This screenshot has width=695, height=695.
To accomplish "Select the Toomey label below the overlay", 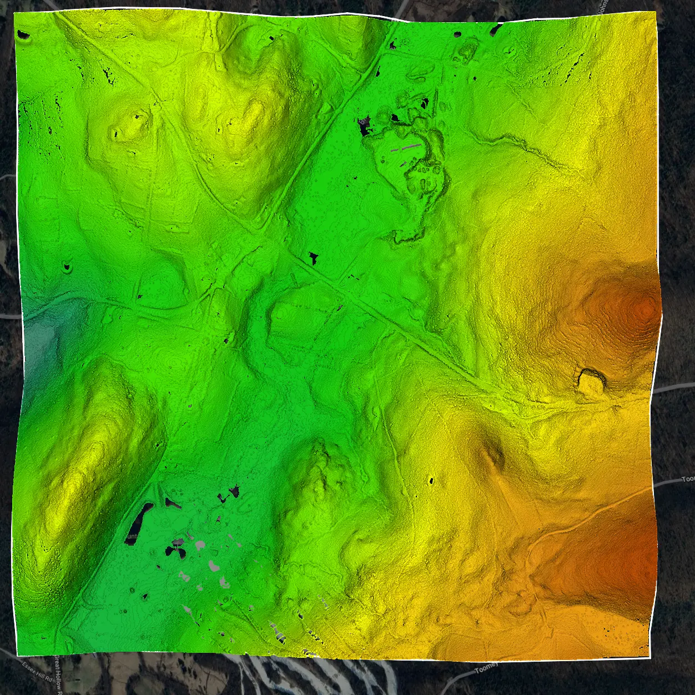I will [486, 668].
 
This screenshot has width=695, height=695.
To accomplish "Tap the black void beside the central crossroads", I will [314, 258].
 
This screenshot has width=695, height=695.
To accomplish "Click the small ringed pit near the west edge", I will [68, 268].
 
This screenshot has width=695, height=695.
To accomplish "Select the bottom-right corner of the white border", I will [649, 658].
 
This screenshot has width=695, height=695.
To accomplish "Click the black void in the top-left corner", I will [23, 37].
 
